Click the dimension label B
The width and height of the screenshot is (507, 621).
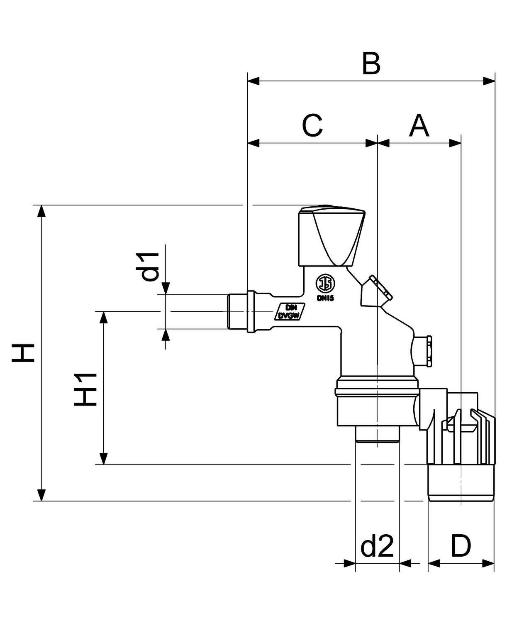point(371,64)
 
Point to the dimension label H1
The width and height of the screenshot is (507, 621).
point(86,389)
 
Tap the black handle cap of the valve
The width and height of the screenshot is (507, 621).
point(332,237)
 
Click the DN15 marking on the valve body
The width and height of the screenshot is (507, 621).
point(325,298)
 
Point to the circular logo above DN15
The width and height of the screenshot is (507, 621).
point(325,284)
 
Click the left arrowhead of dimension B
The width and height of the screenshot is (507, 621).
point(253,81)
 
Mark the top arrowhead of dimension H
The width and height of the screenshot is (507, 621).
point(41,211)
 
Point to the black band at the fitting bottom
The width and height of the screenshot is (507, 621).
point(461,484)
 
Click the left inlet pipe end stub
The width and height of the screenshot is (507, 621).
point(237,312)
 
